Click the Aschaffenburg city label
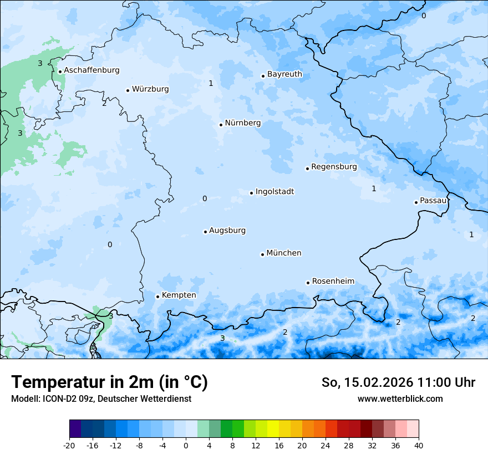(91, 70)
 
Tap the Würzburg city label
(150, 89)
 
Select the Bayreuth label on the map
(284, 74)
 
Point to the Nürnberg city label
(242, 123)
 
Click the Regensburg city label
(334, 167)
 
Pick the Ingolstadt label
(274, 192)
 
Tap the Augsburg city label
(227, 231)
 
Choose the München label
(284, 253)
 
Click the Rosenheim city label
(333, 282)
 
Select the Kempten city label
(179, 295)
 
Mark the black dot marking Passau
(416, 202)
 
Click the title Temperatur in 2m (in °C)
(109, 382)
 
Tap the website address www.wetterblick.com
(400, 399)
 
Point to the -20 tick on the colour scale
(69, 445)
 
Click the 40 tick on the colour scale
(419, 445)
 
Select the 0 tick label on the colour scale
(186, 445)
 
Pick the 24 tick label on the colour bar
(326, 445)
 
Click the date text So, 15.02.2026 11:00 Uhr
(398, 382)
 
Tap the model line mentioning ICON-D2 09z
(101, 399)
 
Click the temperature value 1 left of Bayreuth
(211, 84)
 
